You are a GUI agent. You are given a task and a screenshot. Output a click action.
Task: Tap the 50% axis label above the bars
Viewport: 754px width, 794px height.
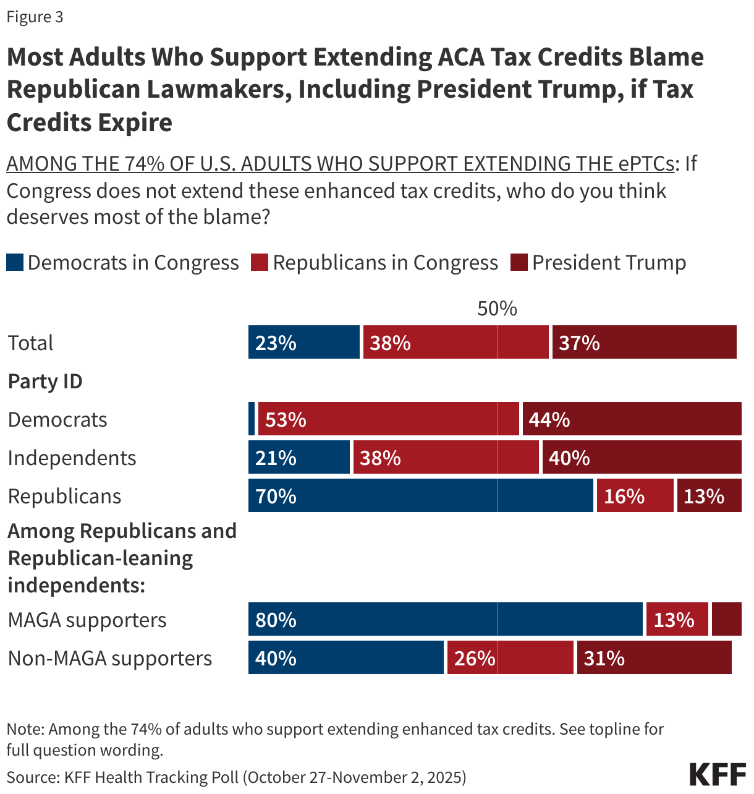point(497,308)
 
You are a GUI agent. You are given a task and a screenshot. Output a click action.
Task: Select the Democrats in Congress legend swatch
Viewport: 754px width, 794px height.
point(15,263)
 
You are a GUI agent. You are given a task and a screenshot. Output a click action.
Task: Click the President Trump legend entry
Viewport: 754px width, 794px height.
point(598,263)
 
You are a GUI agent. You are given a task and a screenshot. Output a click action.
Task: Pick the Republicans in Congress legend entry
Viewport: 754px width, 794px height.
point(375,263)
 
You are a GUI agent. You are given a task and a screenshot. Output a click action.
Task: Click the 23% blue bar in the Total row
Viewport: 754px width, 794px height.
point(303,343)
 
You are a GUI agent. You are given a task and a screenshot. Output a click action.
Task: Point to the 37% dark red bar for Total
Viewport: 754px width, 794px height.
point(644,343)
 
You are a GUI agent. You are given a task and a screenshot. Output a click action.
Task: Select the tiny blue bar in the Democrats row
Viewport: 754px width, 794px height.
point(252,419)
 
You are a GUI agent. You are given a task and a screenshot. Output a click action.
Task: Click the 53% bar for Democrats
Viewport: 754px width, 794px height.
point(388,419)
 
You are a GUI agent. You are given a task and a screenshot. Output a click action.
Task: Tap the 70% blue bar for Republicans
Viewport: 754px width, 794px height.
point(420,496)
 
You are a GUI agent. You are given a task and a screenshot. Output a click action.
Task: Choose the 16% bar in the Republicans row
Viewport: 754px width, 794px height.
point(635,496)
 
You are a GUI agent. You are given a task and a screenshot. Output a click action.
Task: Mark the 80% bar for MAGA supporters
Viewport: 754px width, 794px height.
point(445,620)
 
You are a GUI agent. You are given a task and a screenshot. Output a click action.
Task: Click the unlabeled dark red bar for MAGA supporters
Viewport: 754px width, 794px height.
point(726,620)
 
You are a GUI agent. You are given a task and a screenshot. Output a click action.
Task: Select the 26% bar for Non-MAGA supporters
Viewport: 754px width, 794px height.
point(510,658)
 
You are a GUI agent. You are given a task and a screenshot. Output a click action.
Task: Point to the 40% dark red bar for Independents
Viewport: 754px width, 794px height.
point(642,458)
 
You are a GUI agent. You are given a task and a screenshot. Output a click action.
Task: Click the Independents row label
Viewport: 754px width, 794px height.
point(72,458)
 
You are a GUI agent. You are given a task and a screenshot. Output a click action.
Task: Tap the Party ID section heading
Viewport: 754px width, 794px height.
point(45,381)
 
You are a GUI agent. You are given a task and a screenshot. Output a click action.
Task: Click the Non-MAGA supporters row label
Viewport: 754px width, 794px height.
point(109,658)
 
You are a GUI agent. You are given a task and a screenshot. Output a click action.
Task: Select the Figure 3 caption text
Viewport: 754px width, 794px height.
point(35,17)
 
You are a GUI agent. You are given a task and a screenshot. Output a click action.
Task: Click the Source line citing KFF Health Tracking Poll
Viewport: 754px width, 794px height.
point(236,777)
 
